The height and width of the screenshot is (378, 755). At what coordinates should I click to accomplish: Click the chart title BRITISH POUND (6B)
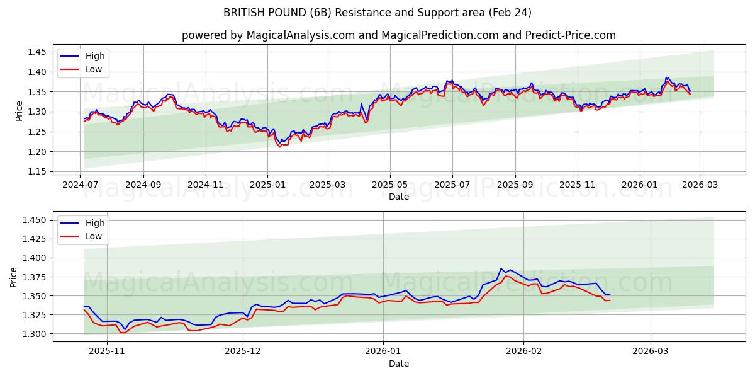click(x=377, y=13)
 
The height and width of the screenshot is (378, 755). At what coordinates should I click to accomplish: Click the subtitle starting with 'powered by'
click(x=399, y=35)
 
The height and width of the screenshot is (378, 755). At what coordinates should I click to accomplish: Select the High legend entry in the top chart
click(x=95, y=56)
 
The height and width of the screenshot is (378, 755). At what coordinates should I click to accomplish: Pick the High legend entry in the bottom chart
click(x=95, y=222)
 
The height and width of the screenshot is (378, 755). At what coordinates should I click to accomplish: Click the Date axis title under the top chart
click(x=399, y=197)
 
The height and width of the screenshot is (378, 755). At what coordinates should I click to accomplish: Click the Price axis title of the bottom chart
click(x=14, y=277)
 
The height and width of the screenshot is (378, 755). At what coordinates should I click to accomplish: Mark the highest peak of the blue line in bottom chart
click(x=501, y=268)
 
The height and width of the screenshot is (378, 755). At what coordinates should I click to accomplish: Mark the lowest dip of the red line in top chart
click(x=280, y=147)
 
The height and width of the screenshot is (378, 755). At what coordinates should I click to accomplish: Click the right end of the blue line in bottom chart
click(x=610, y=294)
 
